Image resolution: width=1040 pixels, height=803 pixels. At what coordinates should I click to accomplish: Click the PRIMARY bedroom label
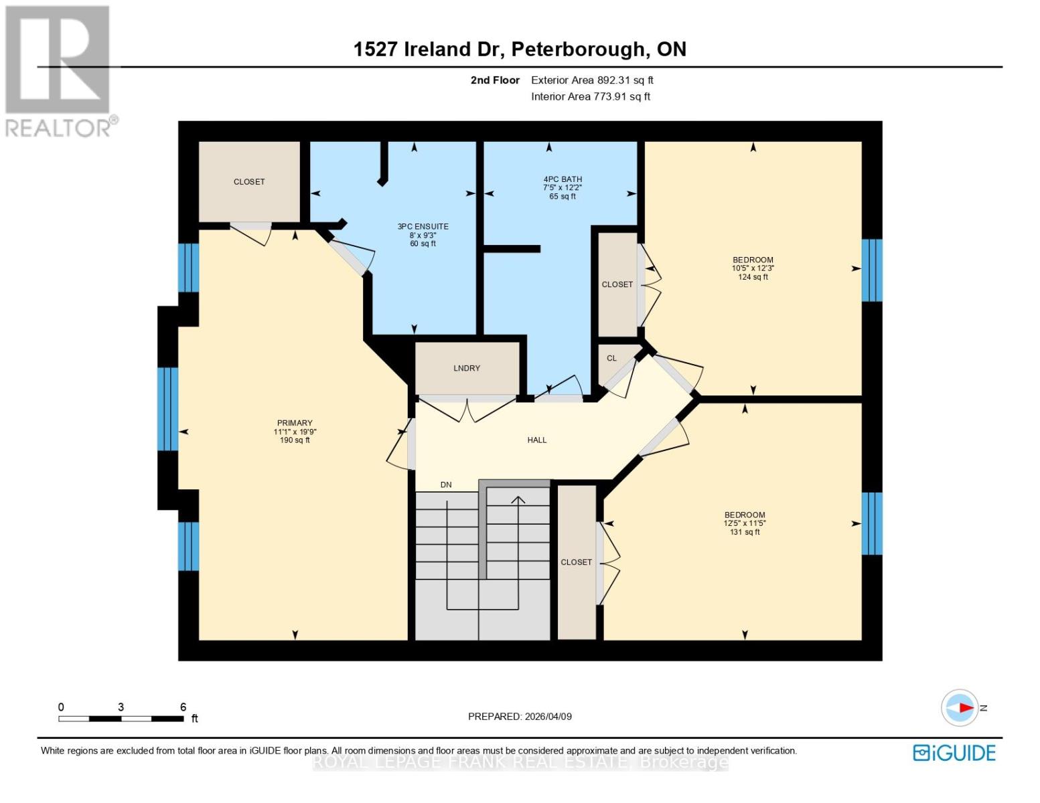[295, 423]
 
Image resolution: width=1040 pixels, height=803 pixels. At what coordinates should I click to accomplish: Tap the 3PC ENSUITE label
[423, 227]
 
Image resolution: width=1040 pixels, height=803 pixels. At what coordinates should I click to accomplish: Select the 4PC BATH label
[563, 179]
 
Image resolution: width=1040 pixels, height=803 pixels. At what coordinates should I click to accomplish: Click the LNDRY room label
[467, 368]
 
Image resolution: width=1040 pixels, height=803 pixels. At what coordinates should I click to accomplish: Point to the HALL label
[537, 440]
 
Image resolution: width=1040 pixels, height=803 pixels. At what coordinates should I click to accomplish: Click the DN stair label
[446, 485]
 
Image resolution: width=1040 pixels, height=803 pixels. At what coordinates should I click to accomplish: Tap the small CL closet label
[611, 359]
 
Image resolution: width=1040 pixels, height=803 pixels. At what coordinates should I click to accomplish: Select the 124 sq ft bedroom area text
[753, 277]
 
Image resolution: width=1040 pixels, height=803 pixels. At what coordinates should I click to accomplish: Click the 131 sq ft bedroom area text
[745, 533]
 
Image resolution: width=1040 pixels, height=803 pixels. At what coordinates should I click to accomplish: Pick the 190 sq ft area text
[295, 440]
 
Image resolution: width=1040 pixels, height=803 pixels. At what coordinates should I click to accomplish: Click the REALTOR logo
[59, 71]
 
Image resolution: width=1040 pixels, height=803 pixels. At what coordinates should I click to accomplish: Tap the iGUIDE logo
[954, 753]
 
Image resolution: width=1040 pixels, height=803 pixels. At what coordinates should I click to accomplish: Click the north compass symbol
[960, 708]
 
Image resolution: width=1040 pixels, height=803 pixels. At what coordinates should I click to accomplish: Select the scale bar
[121, 719]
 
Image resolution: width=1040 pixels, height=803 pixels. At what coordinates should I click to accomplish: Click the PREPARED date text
[520, 717]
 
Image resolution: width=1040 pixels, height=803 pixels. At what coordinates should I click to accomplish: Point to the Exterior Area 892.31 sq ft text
[592, 80]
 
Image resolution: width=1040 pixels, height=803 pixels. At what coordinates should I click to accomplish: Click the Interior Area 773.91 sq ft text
[591, 96]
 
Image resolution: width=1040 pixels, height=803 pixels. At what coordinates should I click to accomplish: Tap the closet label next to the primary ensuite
[249, 182]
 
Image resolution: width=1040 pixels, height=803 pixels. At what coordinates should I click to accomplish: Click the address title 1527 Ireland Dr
[520, 50]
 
